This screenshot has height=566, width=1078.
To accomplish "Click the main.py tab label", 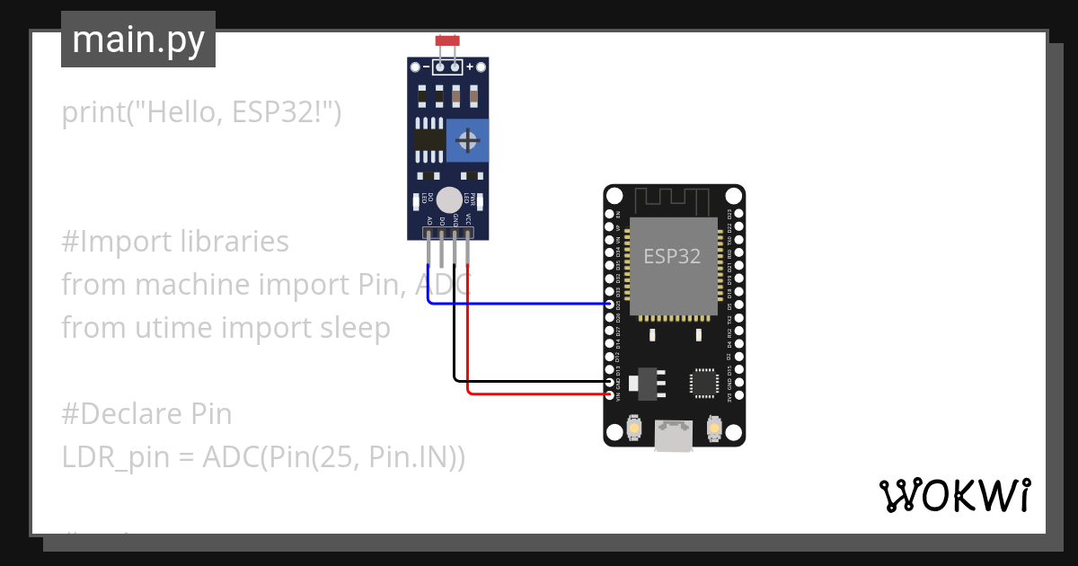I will pos(137,40).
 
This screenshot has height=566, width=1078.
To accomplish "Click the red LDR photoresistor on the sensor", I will pos(446,41).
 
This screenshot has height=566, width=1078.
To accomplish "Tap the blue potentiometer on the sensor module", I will pos(467,140).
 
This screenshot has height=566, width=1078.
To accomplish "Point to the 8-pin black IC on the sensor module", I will pos(429,139).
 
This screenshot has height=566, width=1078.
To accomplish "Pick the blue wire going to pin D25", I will pos(521,304).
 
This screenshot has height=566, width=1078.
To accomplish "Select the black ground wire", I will pos(530,382).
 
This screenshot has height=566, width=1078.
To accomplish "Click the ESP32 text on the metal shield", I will pos(672,257).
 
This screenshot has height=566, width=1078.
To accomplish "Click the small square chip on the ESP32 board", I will pos(703,383).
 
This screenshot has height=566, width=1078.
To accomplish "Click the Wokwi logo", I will pos(954,495).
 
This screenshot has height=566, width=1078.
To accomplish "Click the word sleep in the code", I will pos(355,328).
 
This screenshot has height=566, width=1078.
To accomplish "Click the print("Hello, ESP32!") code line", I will pos(201,113).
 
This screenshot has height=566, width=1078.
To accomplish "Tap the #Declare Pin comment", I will pos(146,414).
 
